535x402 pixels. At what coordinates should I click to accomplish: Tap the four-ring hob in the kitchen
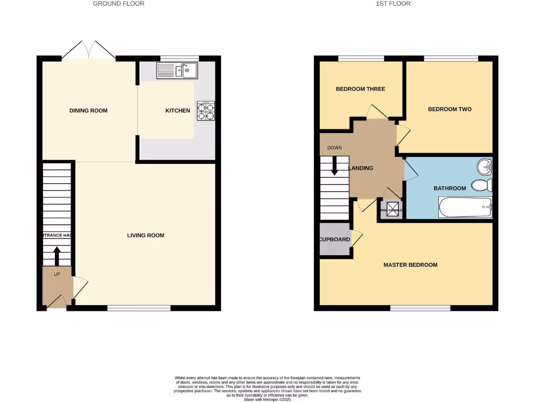205,110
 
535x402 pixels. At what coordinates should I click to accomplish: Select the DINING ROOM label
88,110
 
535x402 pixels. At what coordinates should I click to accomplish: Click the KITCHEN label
178,110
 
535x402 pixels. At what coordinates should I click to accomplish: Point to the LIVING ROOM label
146,236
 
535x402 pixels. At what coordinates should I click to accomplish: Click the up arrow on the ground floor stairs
56,256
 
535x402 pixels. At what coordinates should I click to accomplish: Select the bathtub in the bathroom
465,207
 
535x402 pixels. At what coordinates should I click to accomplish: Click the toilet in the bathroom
481,185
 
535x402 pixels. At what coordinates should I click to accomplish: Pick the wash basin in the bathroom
484,167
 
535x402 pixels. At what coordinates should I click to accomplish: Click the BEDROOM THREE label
360,89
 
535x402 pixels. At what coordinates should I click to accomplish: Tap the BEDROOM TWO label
450,109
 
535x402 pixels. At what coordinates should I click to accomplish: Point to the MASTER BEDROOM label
410,265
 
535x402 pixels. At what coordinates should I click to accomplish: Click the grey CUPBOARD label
334,240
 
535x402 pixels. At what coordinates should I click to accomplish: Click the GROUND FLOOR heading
119,4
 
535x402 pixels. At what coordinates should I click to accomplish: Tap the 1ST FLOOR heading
392,4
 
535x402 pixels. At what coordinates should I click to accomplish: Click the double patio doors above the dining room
89,51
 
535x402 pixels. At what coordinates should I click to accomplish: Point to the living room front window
139,308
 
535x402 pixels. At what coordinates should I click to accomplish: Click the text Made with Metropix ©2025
267,399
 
